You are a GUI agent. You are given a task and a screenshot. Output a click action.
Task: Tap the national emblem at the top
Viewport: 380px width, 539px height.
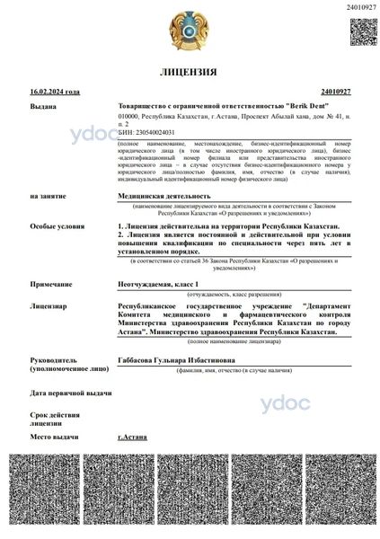pos(190,30)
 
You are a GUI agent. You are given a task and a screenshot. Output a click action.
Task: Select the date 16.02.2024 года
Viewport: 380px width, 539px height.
pos(55,92)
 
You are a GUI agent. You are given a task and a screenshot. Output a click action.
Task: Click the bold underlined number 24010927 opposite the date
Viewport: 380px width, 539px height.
pos(335,92)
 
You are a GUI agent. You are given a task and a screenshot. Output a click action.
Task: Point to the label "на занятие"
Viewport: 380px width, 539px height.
pos(47,195)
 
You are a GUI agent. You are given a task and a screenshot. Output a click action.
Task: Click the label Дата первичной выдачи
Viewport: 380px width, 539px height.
pos(71,393)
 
